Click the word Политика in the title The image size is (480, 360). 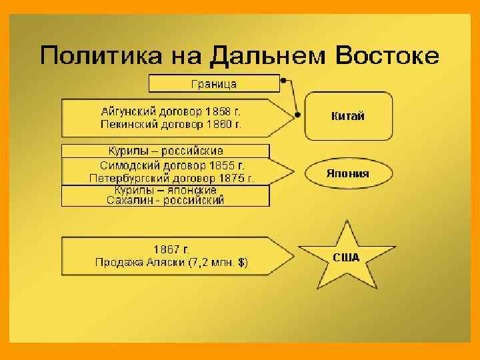(x=93, y=55)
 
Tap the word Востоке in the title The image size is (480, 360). (x=387, y=55)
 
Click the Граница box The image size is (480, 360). (x=214, y=84)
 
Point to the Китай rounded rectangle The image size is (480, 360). (x=348, y=116)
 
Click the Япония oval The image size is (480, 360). (x=348, y=174)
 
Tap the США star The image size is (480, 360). (x=346, y=257)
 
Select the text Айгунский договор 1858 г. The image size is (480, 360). (x=171, y=111)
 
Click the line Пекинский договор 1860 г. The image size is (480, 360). (x=171, y=124)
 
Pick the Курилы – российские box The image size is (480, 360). (x=165, y=151)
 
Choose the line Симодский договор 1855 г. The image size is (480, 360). (x=172, y=165)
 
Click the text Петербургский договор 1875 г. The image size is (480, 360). (x=172, y=179)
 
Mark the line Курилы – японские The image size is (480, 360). (x=165, y=190)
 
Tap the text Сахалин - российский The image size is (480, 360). (x=165, y=200)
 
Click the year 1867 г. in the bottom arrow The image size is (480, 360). (x=171, y=249)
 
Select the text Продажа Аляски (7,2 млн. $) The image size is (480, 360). (x=171, y=263)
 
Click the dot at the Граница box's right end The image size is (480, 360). (x=284, y=81)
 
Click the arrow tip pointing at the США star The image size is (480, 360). (x=292, y=256)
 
